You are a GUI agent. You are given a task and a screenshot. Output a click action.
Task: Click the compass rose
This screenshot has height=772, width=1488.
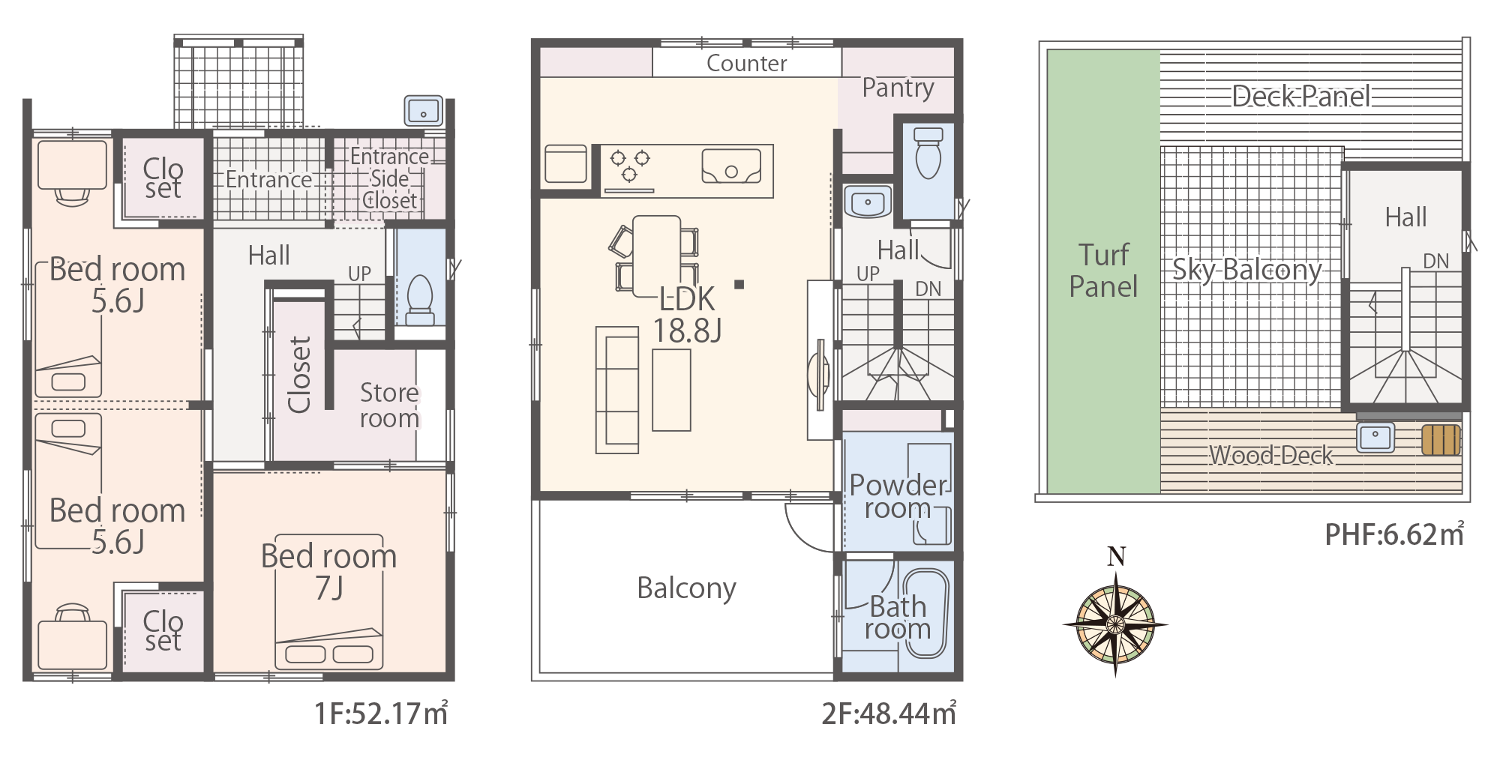point(1115,624)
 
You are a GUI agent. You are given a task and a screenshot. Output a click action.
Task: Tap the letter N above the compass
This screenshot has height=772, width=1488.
point(1117,557)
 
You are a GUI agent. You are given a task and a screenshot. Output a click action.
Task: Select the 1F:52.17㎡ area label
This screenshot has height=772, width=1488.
point(381,714)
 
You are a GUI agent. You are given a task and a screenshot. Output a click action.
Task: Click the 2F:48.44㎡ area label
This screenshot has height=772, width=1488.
point(889,714)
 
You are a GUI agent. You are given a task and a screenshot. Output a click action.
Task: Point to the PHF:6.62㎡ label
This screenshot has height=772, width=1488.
point(1394,534)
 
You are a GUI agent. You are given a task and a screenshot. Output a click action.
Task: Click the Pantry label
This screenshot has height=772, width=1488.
point(898,88)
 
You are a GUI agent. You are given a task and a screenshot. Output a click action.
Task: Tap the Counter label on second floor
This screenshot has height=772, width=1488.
point(747,64)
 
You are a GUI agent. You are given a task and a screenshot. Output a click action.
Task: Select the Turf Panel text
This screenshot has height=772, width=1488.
point(1103,271)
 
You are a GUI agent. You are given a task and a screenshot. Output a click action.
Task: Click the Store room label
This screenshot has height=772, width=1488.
point(389,405)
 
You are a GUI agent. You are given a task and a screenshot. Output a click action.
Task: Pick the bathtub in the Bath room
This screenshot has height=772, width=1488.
point(925,614)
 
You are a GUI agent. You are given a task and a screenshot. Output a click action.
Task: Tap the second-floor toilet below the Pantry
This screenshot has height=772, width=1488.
point(928,153)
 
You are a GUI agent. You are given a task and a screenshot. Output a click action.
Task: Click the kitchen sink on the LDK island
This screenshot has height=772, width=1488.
point(731,166)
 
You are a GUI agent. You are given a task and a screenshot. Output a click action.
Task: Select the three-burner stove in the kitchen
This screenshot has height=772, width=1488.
point(629,166)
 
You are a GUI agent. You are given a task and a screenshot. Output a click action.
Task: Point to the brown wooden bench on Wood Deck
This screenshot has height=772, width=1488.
point(1441,440)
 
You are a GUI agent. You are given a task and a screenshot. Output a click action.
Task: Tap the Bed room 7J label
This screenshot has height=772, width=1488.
point(328,572)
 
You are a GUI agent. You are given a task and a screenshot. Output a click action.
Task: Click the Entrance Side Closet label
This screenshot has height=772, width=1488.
point(390,178)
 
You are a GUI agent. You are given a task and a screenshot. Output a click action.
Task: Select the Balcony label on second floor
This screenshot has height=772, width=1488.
point(686,588)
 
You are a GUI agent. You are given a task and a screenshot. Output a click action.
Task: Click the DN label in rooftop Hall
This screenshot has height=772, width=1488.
point(1436,262)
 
